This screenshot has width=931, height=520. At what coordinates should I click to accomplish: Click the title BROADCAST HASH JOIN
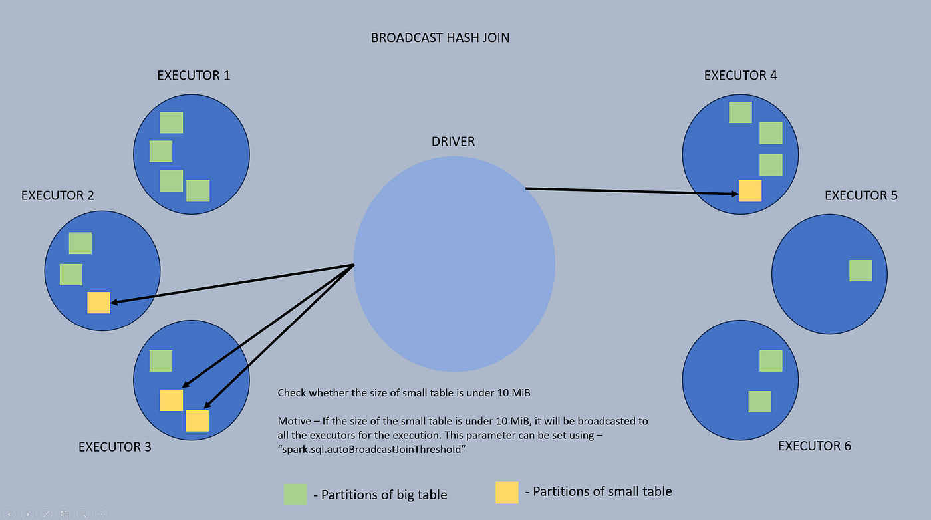pyautogui.click(x=440, y=38)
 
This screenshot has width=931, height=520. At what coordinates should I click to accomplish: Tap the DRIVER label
pyautogui.click(x=453, y=142)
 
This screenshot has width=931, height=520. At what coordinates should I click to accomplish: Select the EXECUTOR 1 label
pyautogui.click(x=194, y=76)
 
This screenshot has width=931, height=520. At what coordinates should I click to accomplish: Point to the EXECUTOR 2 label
pyautogui.click(x=58, y=195)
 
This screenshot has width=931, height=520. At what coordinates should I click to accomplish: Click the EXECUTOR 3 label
pyautogui.click(x=115, y=447)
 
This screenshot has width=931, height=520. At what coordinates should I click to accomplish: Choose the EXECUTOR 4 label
pyautogui.click(x=741, y=76)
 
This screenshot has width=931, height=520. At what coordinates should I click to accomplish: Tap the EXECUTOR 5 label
pyautogui.click(x=861, y=195)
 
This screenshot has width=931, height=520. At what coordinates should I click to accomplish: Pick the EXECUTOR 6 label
pyautogui.click(x=815, y=446)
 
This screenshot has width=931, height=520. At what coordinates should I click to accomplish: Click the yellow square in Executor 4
pyautogui.click(x=750, y=191)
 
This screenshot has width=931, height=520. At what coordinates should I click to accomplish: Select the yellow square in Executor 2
pyautogui.click(x=99, y=303)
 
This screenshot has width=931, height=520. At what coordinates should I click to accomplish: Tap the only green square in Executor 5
pyautogui.click(x=861, y=271)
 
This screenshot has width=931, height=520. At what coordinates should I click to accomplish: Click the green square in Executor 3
pyautogui.click(x=161, y=361)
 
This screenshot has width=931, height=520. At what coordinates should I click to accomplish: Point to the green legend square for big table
pyautogui.click(x=295, y=494)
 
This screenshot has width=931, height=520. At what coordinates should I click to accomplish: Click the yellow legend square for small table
pyautogui.click(x=507, y=493)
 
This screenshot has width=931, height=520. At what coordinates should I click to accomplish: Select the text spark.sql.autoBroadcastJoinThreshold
pyautogui.click(x=372, y=450)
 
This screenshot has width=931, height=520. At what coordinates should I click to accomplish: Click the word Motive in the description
pyautogui.click(x=294, y=421)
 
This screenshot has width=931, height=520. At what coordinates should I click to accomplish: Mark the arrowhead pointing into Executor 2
pyautogui.click(x=114, y=302)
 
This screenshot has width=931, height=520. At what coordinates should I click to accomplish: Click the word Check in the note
pyautogui.click(x=292, y=393)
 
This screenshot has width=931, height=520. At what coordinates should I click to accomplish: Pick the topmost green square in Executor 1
pyautogui.click(x=172, y=122)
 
